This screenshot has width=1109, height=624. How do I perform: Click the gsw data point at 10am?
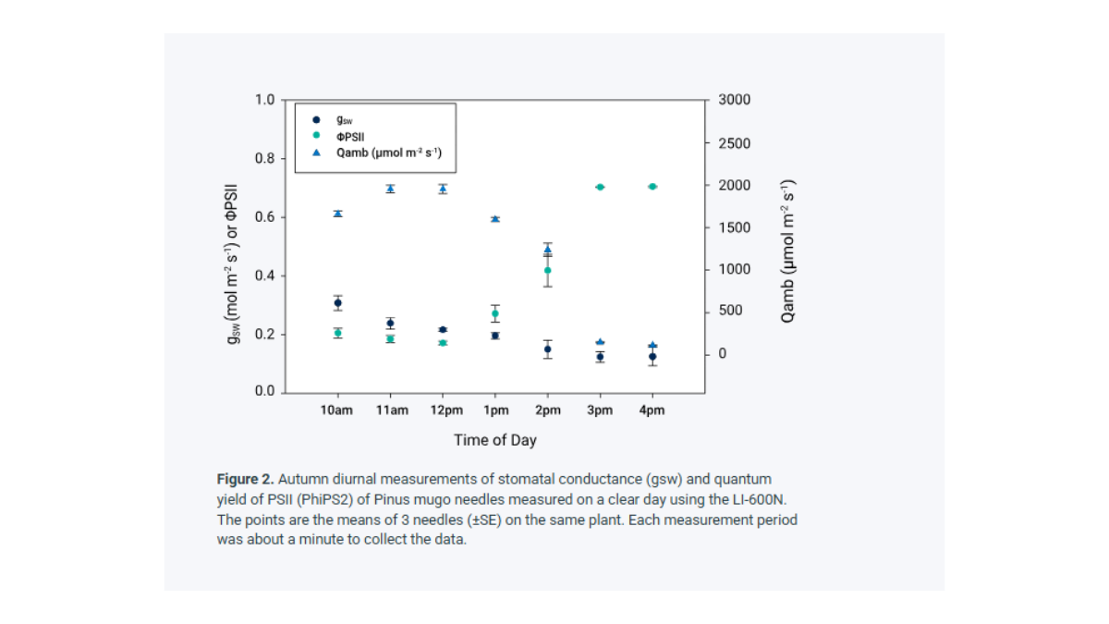pos(338,302)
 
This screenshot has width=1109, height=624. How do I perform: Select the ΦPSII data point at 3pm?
pos(600,187)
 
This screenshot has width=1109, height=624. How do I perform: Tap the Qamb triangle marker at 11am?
pos(391,189)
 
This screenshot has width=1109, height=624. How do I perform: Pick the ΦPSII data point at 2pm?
pos(547,271)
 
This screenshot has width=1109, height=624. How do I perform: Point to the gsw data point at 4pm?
pos(652,357)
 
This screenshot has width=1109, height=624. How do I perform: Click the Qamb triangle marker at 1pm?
pos(495,219)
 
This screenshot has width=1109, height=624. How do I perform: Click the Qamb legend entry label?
pos(389,153)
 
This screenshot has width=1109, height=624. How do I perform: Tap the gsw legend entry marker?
pos(316,119)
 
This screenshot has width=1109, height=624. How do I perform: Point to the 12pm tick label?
pos(445,410)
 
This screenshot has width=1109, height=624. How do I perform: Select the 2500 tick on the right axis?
pos(735,143)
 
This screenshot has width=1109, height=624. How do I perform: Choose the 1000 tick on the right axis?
pos(735,269)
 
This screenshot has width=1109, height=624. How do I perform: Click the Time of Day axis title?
pos(494,440)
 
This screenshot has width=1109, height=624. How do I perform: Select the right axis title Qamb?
pos(787,250)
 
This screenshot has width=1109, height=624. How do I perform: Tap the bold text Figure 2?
pos(245,479)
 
